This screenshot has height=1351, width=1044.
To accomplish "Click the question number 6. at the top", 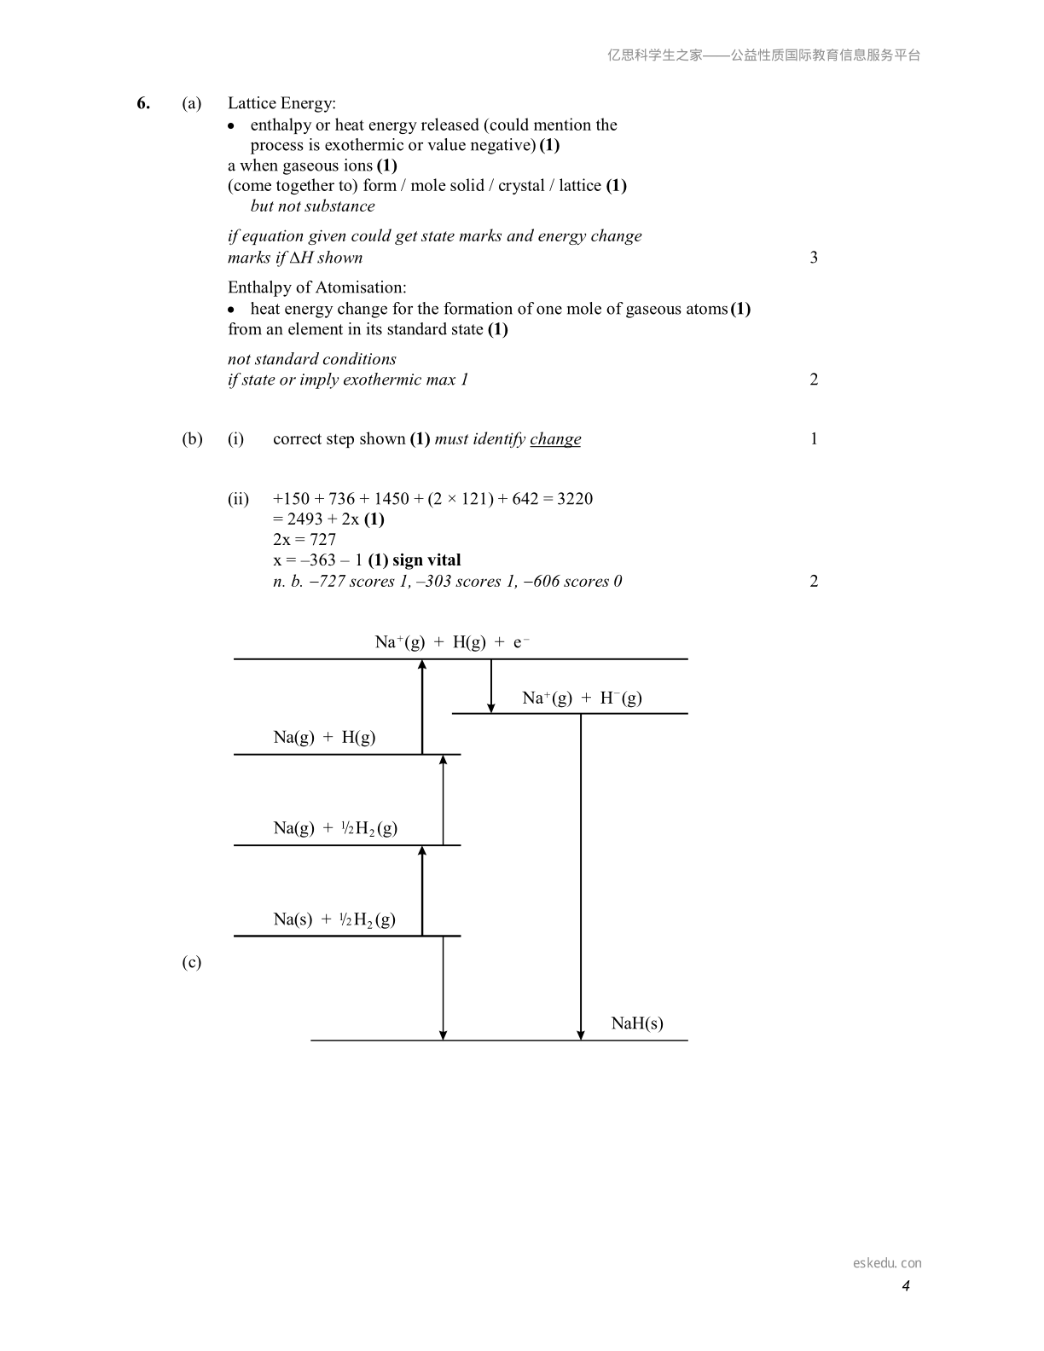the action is [143, 103].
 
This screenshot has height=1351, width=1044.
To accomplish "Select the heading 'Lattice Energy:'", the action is [281, 103].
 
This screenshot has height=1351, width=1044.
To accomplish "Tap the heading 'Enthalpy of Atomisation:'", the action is [317, 287].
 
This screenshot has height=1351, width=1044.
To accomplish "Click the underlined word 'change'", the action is [555, 439].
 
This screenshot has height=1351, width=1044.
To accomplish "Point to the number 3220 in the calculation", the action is [575, 499].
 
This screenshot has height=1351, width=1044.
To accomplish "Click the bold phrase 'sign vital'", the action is [426, 560].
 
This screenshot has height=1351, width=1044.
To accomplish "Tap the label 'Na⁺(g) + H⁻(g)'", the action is [582, 698].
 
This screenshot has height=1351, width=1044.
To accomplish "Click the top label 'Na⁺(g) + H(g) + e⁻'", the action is [453, 641].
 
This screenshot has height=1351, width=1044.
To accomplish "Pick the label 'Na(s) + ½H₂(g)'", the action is [334, 919].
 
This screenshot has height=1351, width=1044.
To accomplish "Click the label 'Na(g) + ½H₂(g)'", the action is [335, 828].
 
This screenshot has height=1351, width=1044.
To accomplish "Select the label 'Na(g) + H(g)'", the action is [325, 738].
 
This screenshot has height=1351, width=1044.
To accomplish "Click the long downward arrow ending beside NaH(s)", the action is [581, 877].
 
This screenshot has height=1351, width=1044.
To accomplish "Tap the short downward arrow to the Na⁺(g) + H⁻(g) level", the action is [491, 686].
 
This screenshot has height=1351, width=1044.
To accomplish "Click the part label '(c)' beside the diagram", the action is [192, 962].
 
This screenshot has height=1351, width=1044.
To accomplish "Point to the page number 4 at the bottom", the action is [906, 1285].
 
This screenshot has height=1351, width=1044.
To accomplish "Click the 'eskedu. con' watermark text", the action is [887, 1262].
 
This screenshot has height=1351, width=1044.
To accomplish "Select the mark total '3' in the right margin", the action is [814, 258].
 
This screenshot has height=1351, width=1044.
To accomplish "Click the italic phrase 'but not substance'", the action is [313, 206].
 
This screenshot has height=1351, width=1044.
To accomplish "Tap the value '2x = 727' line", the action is [304, 540].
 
